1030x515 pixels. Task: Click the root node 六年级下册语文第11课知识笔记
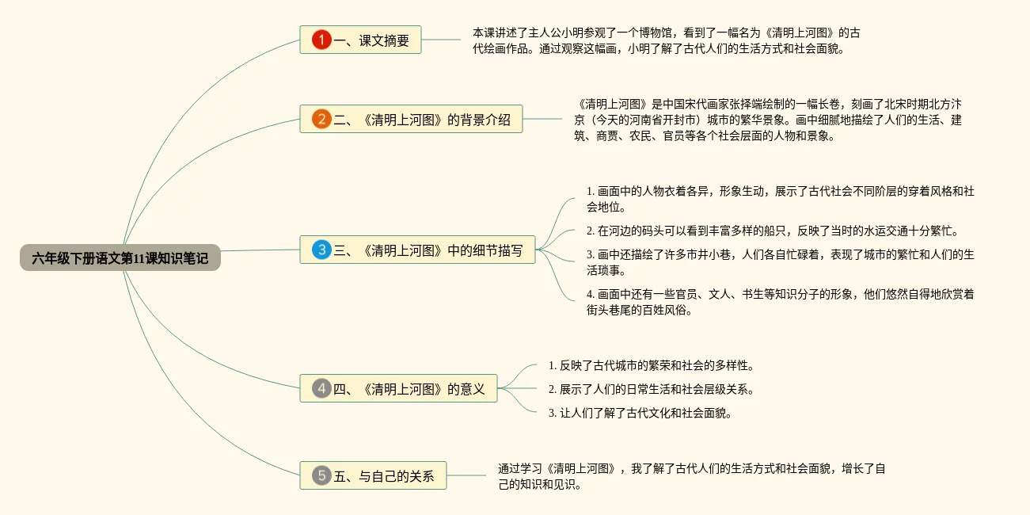point(120,257)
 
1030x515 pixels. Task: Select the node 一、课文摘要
point(360,40)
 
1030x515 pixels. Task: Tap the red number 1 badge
point(321,40)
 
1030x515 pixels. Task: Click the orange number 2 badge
point(321,119)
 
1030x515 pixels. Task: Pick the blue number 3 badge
point(321,250)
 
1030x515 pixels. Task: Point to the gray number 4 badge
point(321,388)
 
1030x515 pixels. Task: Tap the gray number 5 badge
point(321,475)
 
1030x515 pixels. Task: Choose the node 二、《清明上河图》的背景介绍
point(412,119)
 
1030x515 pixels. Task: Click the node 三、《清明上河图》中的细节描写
point(418,250)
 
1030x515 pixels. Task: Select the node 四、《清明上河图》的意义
point(398,388)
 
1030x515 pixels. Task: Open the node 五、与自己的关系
point(373,475)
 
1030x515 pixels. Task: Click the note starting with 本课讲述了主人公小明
point(666,40)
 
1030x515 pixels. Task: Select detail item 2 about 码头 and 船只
point(773,231)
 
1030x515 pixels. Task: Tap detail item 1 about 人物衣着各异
point(780,199)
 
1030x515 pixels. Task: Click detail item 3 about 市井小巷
point(780,263)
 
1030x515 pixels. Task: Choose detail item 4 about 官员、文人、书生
point(780,302)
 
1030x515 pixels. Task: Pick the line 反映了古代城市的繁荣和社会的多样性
point(651,366)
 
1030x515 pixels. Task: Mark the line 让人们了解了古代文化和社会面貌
point(640,413)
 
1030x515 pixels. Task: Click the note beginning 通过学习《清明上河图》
point(691,476)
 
